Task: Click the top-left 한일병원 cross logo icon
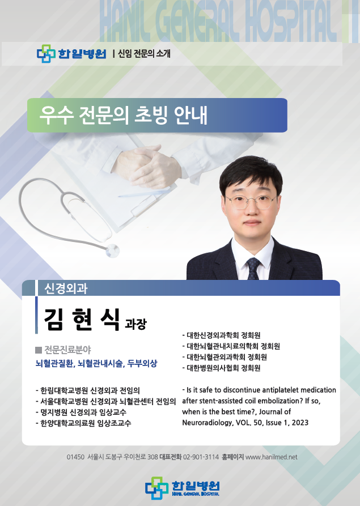pos(46,54)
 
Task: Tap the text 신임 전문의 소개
pos(144,53)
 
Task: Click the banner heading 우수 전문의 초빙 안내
pos(124,115)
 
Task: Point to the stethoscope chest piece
pos(112,250)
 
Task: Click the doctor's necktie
pos(253,269)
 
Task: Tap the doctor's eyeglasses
pos(251,202)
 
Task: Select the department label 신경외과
pos(66,288)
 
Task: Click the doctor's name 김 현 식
pos(82,319)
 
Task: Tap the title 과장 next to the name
pos(135,324)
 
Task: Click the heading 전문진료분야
pos(67,350)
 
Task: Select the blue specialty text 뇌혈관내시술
pos(101,363)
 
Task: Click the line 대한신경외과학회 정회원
pos(221,335)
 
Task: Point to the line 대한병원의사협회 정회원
pos(221,368)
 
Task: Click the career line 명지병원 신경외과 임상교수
pos(81,412)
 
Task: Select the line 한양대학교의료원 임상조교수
pos(84,423)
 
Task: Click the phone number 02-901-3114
pos(201,457)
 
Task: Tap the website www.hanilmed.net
pos(271,457)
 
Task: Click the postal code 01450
pos(75,457)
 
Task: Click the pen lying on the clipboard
pos(143,193)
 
